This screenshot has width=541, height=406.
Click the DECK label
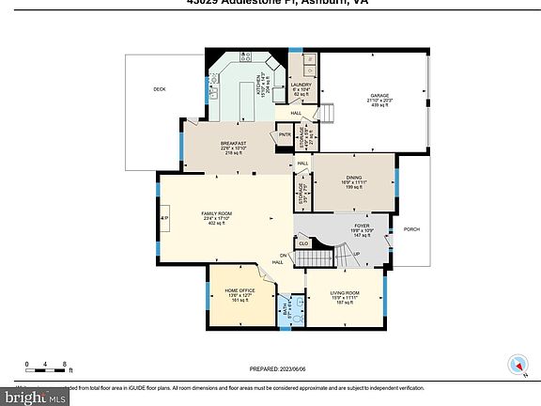(160, 89)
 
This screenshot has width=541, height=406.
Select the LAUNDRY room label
(301, 86)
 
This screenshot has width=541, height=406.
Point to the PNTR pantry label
(286, 136)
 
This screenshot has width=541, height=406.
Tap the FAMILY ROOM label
(216, 213)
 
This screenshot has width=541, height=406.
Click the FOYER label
(362, 226)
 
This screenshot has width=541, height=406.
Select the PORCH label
(411, 228)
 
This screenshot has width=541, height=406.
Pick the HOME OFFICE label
(233, 293)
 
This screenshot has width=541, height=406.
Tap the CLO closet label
(303, 243)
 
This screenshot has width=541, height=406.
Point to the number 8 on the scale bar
(64, 364)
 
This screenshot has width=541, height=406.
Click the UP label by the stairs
(356, 255)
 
